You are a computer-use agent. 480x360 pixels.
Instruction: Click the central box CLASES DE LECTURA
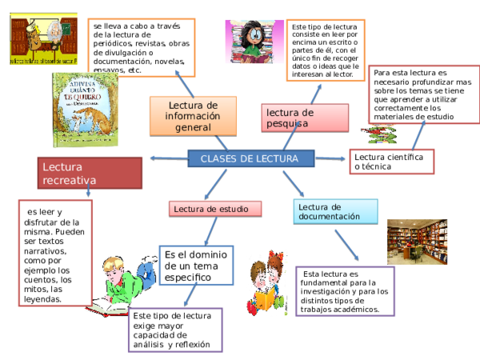point(250,158)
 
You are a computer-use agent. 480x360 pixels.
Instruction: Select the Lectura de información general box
point(193,117)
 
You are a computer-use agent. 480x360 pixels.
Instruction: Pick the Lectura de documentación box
point(334,211)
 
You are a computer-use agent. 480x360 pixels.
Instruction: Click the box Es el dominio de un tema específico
point(196,265)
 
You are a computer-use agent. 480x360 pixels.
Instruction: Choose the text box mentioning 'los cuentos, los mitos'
point(54,253)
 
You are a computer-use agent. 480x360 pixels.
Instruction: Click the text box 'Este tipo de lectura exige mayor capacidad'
point(175,330)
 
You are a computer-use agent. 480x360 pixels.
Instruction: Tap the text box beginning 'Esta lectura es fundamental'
point(345,291)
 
